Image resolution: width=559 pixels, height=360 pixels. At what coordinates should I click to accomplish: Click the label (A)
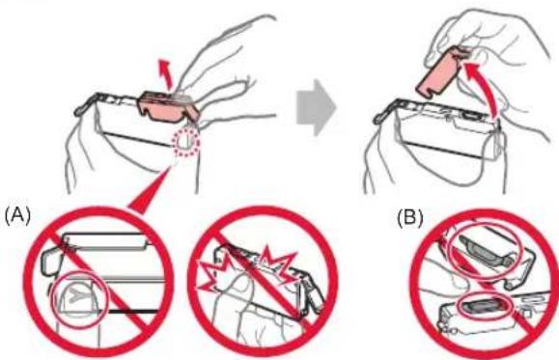pos(17,215)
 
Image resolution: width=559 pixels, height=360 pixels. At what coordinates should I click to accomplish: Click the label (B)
pos(410,217)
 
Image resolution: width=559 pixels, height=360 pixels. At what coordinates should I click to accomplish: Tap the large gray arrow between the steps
pos(317,107)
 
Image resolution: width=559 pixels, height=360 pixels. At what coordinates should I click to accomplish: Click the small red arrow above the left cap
pos(166,73)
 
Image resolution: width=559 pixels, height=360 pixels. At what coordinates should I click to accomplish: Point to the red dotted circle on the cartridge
pos(185,142)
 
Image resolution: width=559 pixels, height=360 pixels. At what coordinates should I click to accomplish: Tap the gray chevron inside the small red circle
pos(76,295)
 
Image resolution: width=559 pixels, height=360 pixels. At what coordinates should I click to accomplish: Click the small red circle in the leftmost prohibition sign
pos(79,298)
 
